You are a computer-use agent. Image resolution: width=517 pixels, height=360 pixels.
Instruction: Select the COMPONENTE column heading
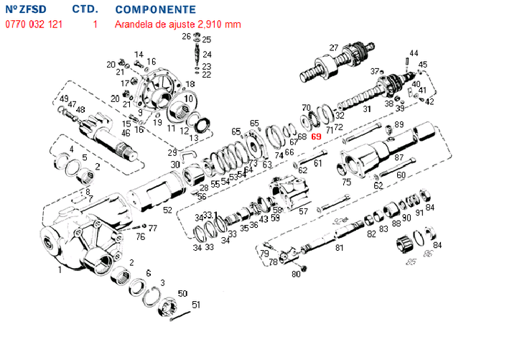click(x=155, y=10)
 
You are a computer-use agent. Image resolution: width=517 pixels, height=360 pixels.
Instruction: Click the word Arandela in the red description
click(x=133, y=24)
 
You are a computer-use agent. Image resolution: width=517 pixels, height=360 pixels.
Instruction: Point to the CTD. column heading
click(x=85, y=10)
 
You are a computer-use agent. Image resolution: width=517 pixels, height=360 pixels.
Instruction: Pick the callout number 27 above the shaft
click(x=334, y=48)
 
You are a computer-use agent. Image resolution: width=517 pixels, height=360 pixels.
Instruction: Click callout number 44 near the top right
click(x=414, y=53)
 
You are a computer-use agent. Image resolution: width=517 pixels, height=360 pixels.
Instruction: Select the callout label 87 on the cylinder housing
click(x=399, y=157)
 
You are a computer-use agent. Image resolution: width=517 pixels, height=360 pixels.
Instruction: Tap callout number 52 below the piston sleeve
click(x=167, y=211)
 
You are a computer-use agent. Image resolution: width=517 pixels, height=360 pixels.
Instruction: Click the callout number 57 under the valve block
click(x=303, y=212)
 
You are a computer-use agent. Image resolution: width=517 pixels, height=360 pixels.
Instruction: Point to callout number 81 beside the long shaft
click(x=340, y=248)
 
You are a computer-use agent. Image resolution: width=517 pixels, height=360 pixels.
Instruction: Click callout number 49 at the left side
click(x=64, y=99)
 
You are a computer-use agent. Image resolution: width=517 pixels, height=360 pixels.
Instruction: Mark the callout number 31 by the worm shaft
click(x=366, y=110)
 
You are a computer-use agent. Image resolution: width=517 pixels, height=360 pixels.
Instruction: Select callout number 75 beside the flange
click(x=347, y=183)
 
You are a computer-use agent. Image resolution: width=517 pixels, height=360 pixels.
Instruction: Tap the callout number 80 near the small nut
click(x=296, y=274)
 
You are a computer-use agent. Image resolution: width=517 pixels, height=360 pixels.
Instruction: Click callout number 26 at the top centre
click(x=186, y=36)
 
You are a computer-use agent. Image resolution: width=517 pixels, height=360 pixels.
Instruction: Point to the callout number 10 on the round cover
click(x=189, y=98)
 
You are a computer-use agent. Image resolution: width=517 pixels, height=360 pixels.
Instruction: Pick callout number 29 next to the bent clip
click(x=172, y=152)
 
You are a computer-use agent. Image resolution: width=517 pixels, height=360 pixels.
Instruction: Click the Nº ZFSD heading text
click(x=27, y=10)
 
